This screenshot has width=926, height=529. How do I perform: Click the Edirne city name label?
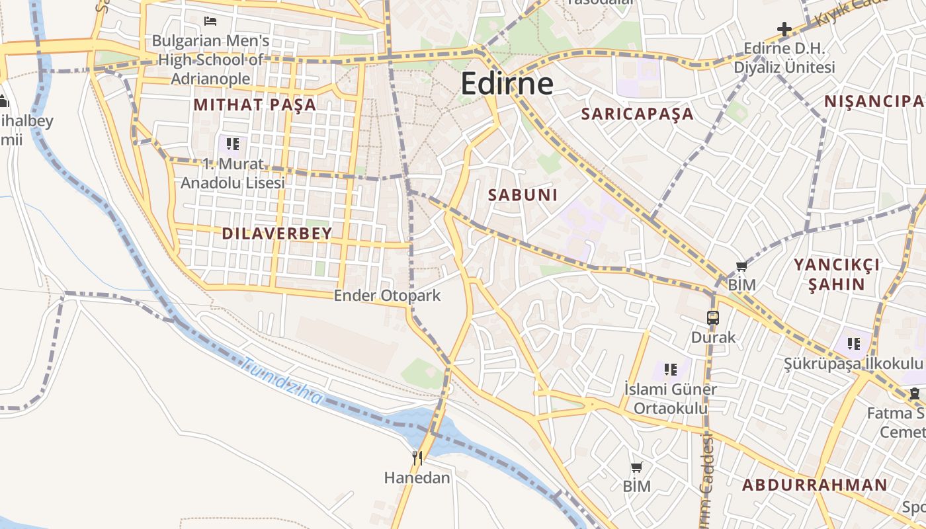tap(507, 84)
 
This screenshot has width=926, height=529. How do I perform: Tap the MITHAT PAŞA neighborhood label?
tap(255, 104)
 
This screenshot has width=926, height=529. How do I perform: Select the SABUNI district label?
tap(523, 195)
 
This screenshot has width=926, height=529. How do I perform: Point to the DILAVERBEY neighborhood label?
tap(277, 233)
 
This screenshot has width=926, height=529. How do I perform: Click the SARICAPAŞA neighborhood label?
tap(637, 114)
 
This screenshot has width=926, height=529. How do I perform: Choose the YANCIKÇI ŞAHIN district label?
tap(837, 274)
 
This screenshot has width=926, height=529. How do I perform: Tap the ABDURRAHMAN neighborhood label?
tap(814, 485)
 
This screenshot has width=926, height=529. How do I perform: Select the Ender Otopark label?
tap(387, 296)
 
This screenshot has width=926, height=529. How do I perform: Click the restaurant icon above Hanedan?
tap(417, 458)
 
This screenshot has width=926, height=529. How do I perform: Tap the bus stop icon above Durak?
tap(713, 317)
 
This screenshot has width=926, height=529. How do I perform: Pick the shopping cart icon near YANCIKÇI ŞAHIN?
tap(741, 266)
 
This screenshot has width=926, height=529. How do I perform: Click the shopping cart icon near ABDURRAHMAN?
tap(636, 468)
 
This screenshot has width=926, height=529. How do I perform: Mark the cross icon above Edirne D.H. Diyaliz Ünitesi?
tap(784, 29)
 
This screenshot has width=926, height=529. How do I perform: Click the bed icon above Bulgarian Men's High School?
tap(210, 21)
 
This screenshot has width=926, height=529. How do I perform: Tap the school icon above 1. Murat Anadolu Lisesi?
tap(232, 143)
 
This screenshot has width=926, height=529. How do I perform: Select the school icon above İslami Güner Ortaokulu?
tap(671, 369)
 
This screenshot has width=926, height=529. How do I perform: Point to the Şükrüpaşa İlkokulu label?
tap(853, 364)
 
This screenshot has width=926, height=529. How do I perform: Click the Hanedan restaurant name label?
tap(417, 477)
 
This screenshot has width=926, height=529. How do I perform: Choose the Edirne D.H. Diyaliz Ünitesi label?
tap(784, 58)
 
